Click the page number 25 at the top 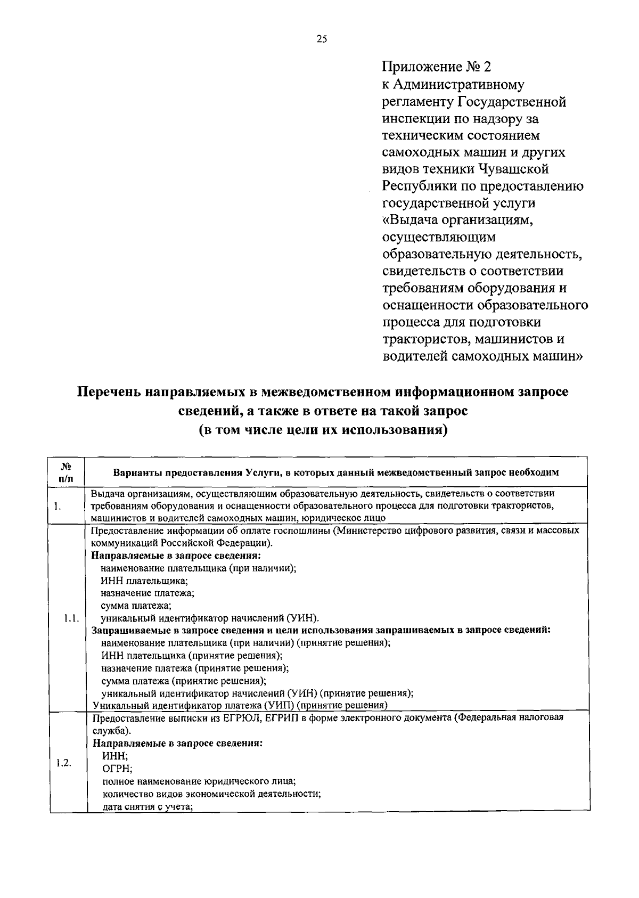pyautogui.click(x=321, y=38)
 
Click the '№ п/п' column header pyautogui.click(x=67, y=472)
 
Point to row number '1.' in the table pyautogui.click(x=57, y=506)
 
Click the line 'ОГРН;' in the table pyautogui.click(x=117, y=769)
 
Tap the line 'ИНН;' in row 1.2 pyautogui.click(x=114, y=756)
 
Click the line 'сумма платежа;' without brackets pyautogui.click(x=136, y=606)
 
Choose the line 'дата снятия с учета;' pyautogui.click(x=147, y=806)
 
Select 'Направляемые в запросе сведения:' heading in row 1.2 pyautogui.click(x=177, y=743)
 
